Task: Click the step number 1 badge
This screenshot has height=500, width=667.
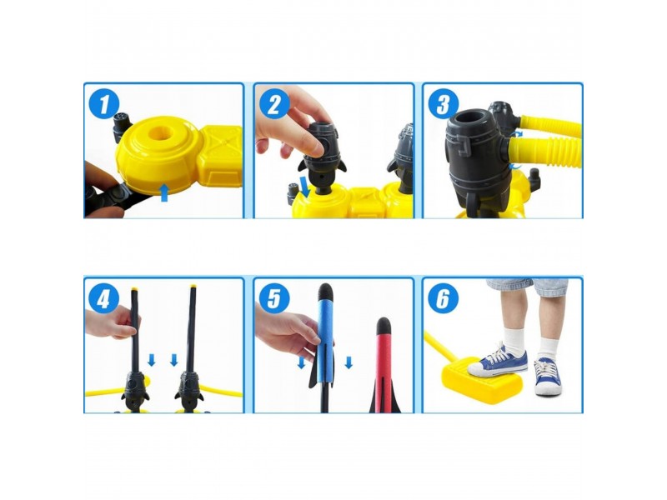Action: (104, 105)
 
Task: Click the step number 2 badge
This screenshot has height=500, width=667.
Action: (273, 105)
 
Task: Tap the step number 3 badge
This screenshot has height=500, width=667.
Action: (443, 105)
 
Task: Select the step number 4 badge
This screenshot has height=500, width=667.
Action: (103, 299)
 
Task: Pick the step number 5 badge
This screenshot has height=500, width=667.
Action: (273, 299)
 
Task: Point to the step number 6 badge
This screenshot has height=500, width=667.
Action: (443, 299)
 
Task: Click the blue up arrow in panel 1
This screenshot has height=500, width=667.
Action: (164, 192)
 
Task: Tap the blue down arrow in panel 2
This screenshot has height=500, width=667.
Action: (304, 187)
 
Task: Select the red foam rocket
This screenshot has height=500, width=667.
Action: (384, 365)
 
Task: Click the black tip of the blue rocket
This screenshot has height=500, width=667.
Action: (325, 291)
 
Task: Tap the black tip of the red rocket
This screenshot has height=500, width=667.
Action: (384, 324)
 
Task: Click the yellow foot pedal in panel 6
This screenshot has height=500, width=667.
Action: (482, 382)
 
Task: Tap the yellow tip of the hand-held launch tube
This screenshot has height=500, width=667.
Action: (135, 289)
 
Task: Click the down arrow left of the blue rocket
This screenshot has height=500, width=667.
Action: (302, 362)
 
